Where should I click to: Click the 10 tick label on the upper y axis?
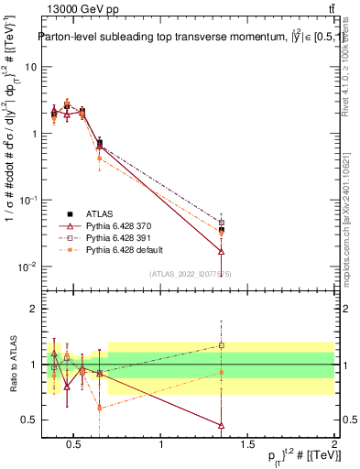coord(30,67)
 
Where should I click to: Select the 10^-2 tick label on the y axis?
coord(28,267)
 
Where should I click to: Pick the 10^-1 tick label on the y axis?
coord(28,200)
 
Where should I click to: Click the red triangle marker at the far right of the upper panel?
coord(221,251)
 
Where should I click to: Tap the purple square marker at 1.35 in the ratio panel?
coord(221,345)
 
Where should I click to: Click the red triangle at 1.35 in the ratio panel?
coord(221,425)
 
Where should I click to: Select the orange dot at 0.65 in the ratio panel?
coord(99,408)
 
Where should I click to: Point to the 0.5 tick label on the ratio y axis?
coord(29,420)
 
